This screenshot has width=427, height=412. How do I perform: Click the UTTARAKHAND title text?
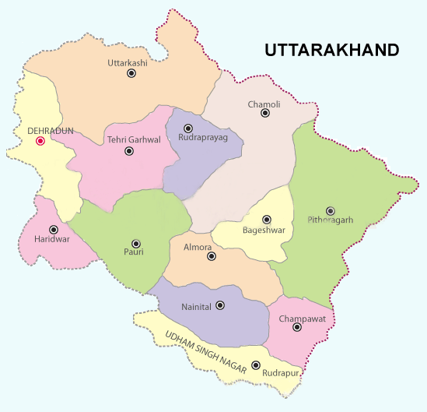331,50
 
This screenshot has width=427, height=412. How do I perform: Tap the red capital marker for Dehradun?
40,141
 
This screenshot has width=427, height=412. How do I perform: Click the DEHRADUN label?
50,131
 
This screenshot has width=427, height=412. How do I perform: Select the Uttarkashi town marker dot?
131,72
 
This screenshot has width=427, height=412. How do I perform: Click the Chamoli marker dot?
265,113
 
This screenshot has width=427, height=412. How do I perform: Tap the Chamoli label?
264,103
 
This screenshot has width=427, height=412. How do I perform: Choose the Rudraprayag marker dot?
187,129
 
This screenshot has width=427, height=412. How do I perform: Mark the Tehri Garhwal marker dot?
129,151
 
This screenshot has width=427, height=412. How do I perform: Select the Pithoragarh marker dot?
331,210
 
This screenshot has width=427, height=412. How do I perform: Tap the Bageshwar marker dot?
267,220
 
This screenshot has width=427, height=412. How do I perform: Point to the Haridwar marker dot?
54,230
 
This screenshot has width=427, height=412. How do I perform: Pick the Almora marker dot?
212,255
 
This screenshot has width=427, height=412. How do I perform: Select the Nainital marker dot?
220,306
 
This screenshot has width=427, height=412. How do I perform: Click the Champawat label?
296,318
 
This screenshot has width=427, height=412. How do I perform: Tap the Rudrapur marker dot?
256,365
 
